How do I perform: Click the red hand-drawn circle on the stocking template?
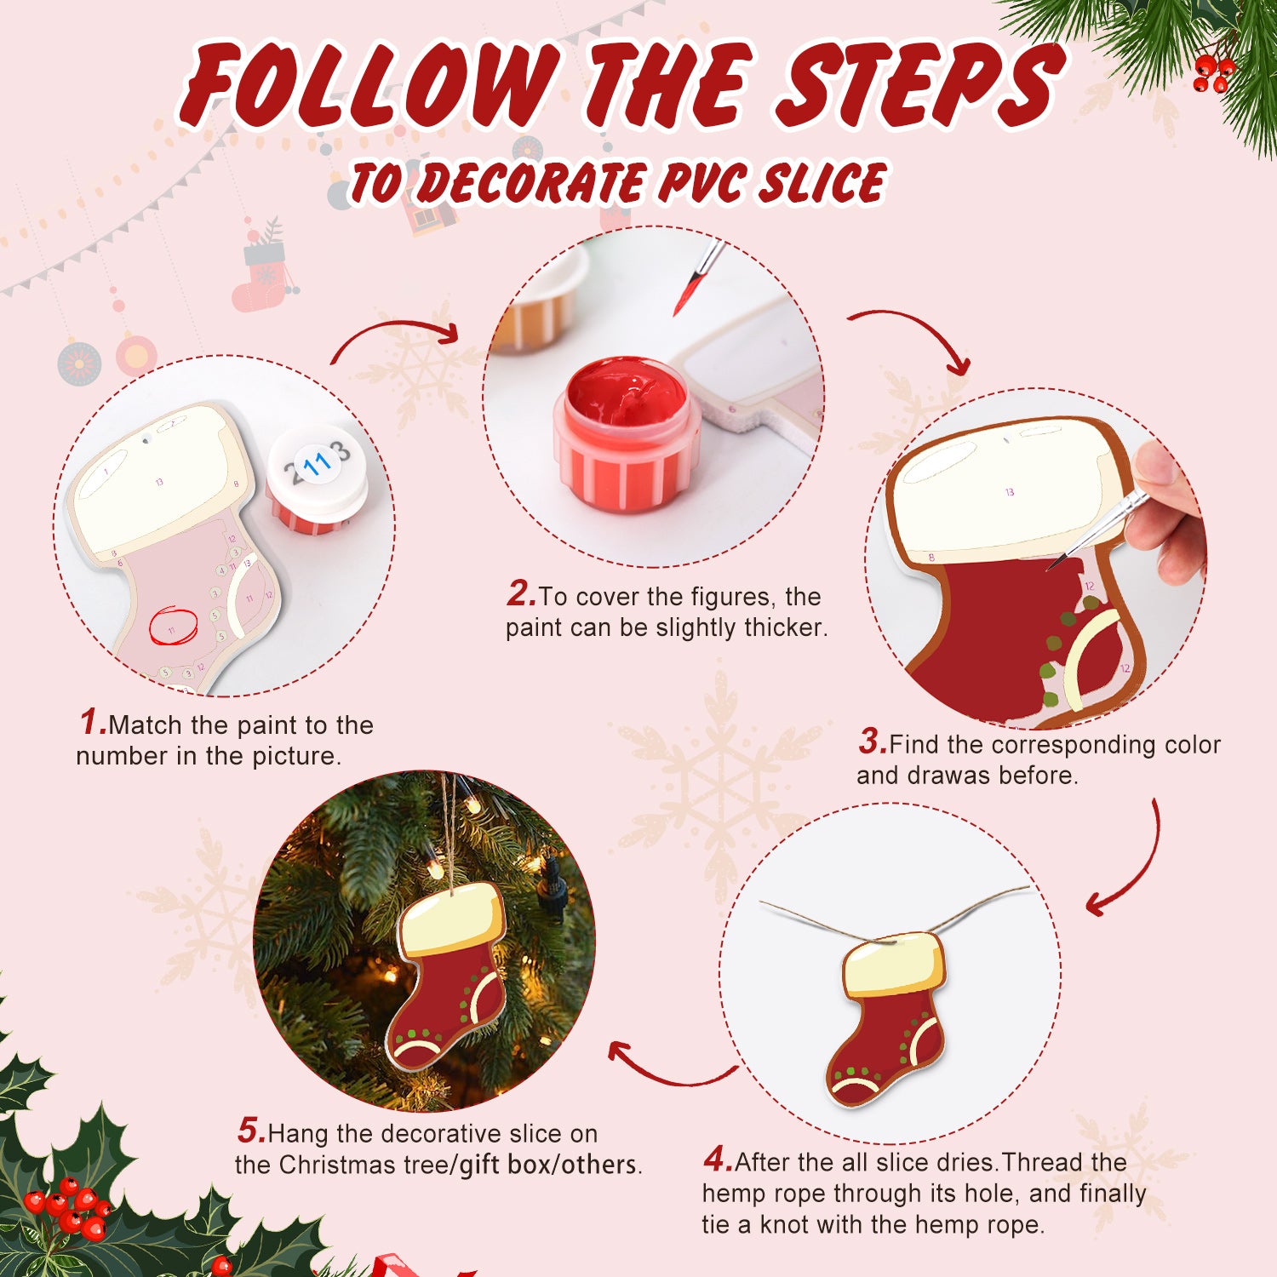click(173, 627)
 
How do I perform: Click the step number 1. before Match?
click(93, 723)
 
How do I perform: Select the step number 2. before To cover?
click(521, 594)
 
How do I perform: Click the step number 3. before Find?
click(873, 742)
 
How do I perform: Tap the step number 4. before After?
click(718, 1160)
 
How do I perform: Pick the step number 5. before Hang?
click(251, 1131)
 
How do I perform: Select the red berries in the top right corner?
click(1213, 73)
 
